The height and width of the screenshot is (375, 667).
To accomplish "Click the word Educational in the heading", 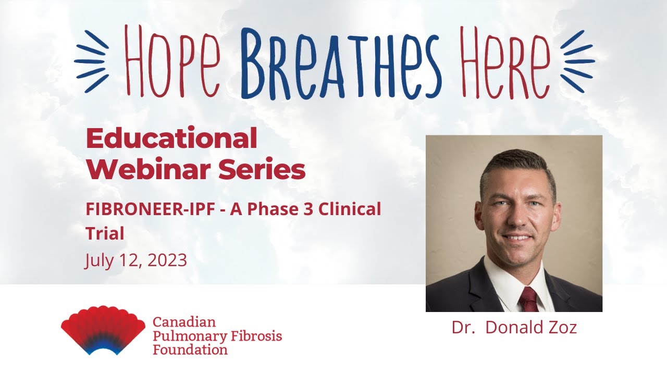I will point(171,139).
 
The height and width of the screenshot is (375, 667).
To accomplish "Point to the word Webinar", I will point(151,169).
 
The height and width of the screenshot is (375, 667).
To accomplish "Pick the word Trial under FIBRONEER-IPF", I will point(105,233).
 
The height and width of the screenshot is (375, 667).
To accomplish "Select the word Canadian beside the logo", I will point(184,322).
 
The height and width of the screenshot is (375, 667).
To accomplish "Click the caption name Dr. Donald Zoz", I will point(514,328).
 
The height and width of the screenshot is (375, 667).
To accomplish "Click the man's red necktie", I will point(528,299).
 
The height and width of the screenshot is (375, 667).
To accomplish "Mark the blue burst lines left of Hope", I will point(92,61).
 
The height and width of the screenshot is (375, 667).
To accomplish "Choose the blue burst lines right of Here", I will point(577,61).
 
